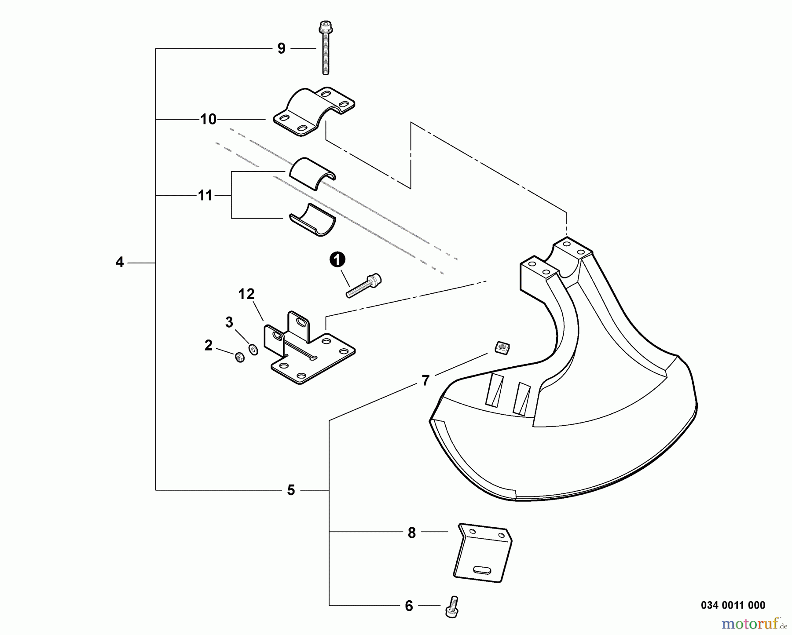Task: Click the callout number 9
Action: (x=282, y=48)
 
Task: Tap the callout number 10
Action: (x=209, y=119)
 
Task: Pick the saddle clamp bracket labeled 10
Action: (x=314, y=112)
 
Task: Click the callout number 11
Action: (x=205, y=195)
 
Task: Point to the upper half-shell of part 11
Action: (x=312, y=173)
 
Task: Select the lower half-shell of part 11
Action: (x=312, y=219)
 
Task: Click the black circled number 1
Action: (x=337, y=260)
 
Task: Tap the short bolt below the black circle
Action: (x=364, y=285)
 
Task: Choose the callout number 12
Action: (x=246, y=294)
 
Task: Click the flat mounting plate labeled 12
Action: (x=309, y=347)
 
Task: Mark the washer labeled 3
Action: (x=253, y=350)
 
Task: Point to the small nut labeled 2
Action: (x=240, y=358)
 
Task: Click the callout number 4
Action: (x=120, y=263)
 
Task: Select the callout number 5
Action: (x=291, y=490)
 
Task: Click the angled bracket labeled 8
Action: (x=483, y=553)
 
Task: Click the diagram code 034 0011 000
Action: (x=733, y=605)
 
